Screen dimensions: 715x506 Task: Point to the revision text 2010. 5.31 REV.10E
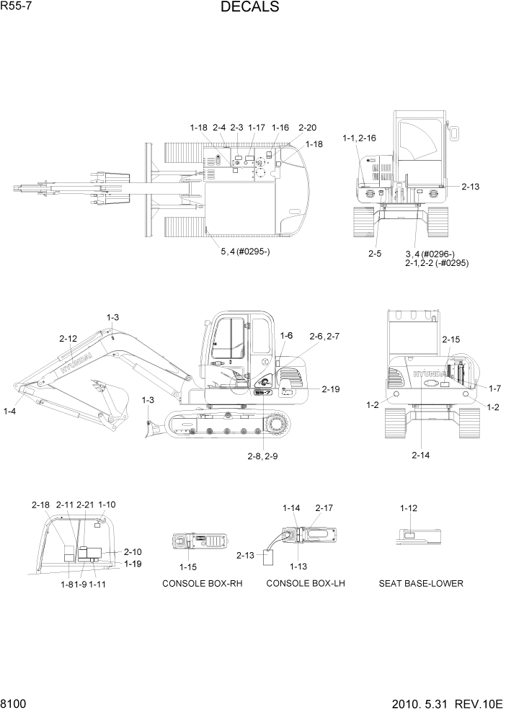point(446,703)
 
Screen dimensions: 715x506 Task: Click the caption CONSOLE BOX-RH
point(202,583)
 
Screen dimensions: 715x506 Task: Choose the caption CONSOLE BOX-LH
point(306,583)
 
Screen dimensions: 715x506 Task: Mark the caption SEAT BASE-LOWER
point(421,583)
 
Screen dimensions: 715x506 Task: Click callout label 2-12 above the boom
point(68,338)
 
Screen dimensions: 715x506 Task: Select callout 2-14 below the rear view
point(421,455)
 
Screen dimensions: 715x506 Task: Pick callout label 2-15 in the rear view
point(450,339)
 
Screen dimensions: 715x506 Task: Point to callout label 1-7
point(494,388)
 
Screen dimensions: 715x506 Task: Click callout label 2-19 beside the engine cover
point(330,389)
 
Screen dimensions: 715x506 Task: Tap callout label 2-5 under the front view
point(374,253)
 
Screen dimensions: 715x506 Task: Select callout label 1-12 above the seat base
point(409,508)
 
